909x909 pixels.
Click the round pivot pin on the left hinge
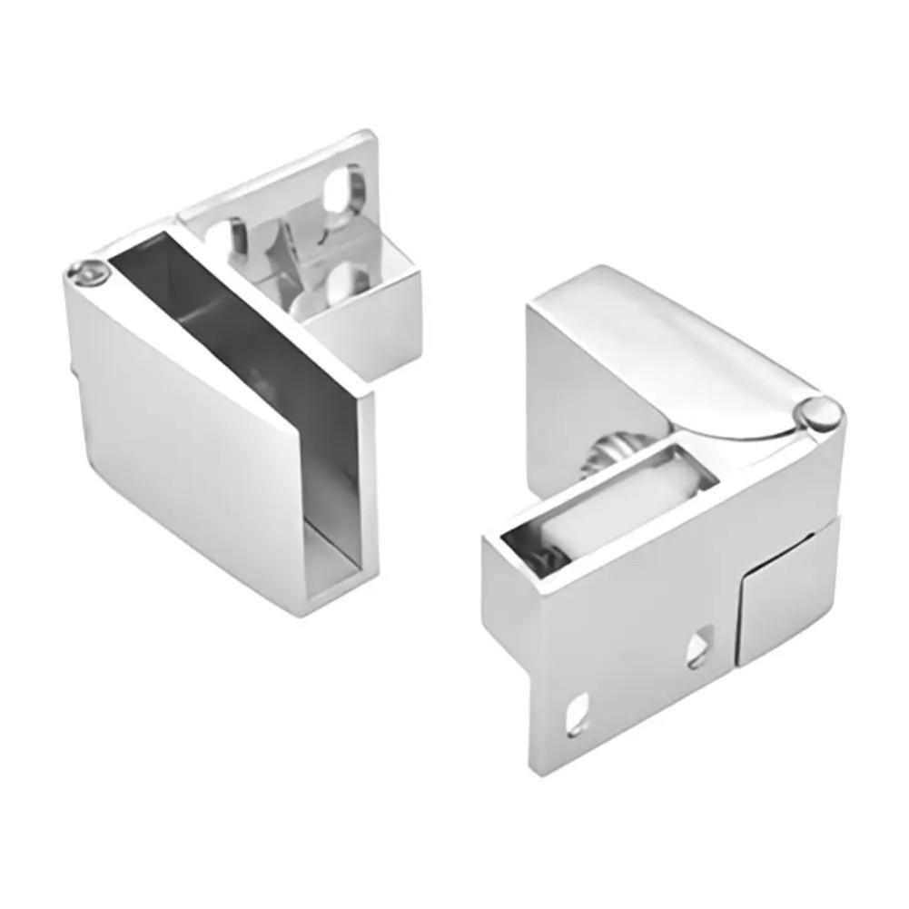pyautogui.click(x=87, y=272)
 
